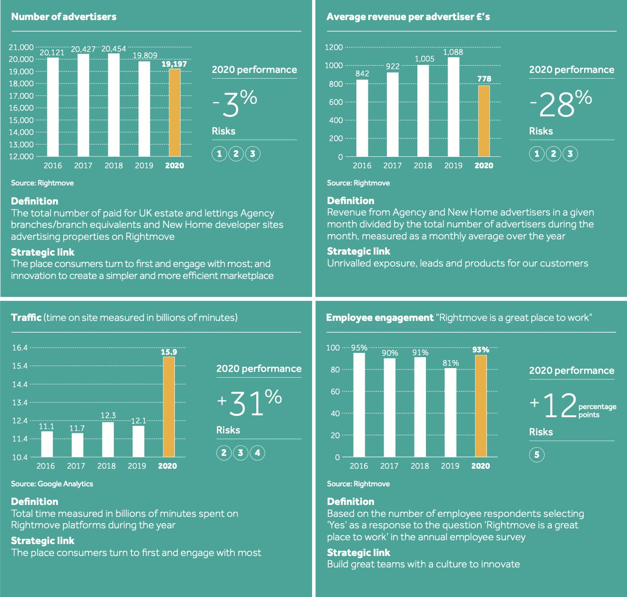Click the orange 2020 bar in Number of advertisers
174,113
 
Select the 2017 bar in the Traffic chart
77,444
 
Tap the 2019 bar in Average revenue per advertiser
454,107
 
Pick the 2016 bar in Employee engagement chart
359,404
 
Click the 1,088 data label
453,52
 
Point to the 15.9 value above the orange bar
169,352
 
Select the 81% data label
451,363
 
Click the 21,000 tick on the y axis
21,47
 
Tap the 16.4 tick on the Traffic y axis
20,348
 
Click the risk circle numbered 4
257,453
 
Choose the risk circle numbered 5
536,454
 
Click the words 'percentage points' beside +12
597,411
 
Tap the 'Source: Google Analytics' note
52,484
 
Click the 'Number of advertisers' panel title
64,17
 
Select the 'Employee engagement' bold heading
380,318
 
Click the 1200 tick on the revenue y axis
334,47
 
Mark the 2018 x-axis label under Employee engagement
420,466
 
